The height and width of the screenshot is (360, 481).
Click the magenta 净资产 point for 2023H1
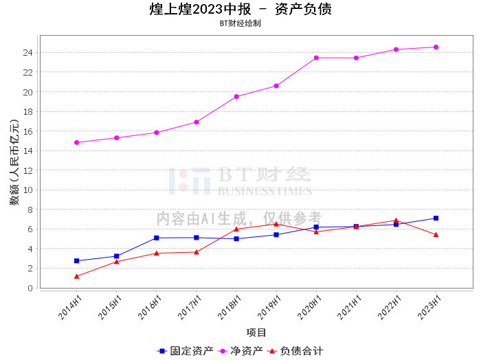click(x=436, y=47)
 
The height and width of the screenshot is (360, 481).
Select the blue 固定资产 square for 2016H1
click(x=157, y=238)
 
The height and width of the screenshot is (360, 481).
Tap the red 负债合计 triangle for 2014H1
click(x=77, y=276)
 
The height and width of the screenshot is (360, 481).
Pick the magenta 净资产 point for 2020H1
click(x=316, y=58)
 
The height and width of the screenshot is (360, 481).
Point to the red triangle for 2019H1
click(x=276, y=224)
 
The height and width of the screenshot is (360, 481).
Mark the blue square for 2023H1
click(x=436, y=218)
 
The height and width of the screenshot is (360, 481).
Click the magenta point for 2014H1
click(x=77, y=143)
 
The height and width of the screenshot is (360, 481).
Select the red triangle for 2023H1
click(x=436, y=234)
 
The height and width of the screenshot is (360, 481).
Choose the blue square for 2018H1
click(x=236, y=239)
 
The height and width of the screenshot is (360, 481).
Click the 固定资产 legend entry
click(x=185, y=351)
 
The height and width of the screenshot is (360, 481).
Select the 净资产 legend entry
click(x=240, y=351)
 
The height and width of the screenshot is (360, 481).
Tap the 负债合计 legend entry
click(x=295, y=351)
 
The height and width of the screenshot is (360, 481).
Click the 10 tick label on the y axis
click(x=28, y=190)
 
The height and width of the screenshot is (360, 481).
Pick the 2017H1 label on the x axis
click(x=190, y=307)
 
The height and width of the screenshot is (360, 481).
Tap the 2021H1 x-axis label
click(x=349, y=307)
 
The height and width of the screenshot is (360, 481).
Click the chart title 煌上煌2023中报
click(x=201, y=9)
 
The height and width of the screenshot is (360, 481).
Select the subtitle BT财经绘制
click(x=240, y=23)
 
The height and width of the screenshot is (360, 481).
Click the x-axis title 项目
click(x=256, y=333)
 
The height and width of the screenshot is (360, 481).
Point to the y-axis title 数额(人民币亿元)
click(x=14, y=162)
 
